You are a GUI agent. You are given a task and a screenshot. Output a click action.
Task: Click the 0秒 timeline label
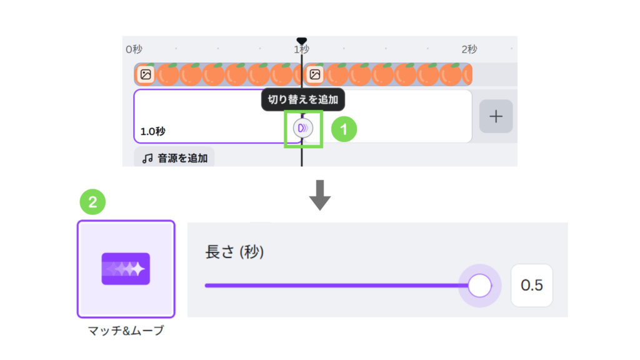(x=134, y=49)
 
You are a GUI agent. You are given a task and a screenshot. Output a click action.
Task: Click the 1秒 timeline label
(x=301, y=49)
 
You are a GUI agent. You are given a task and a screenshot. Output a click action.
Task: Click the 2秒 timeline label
(x=469, y=49)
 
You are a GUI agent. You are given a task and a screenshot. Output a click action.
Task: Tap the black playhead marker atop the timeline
(x=302, y=41)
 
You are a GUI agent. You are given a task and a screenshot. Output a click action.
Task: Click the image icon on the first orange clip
(x=146, y=74)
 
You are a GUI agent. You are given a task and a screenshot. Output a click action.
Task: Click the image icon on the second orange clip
(x=315, y=74)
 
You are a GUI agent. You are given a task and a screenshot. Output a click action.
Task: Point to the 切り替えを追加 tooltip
(x=302, y=99)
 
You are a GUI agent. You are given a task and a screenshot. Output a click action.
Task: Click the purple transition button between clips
(x=302, y=128)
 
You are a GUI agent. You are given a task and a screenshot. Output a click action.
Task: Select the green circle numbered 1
(x=344, y=129)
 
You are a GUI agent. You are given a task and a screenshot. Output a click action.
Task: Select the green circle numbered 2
(x=92, y=202)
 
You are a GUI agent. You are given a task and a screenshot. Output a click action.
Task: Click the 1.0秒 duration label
(x=152, y=131)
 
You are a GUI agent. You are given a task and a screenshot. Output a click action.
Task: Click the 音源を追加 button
(x=174, y=158)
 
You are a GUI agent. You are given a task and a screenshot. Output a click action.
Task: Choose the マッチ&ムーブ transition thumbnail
(x=126, y=269)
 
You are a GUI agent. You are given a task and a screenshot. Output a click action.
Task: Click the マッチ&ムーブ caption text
(x=126, y=331)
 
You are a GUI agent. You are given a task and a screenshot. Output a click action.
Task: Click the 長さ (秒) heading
(x=234, y=252)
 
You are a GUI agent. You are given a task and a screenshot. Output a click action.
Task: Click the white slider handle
(x=479, y=286)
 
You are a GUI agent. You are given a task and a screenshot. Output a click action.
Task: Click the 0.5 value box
(x=532, y=286)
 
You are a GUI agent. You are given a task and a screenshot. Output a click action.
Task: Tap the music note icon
(x=147, y=158)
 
